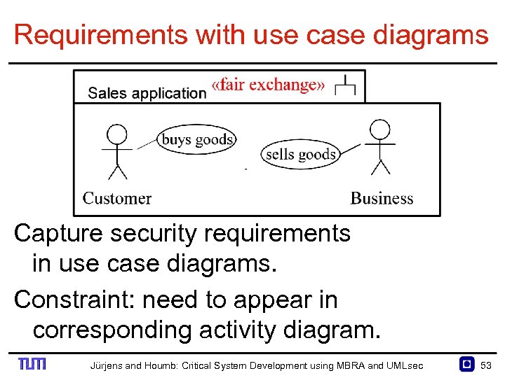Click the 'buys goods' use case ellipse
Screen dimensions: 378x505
[x=196, y=139]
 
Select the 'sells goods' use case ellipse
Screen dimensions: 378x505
[x=300, y=154]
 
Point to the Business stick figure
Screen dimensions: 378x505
[x=379, y=147]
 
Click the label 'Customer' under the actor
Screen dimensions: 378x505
[x=117, y=198]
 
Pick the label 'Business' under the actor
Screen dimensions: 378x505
[x=382, y=198]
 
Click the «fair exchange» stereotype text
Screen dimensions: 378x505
[x=268, y=85]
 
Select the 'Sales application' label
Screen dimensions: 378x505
[x=147, y=93]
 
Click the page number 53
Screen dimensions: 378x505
[x=486, y=365]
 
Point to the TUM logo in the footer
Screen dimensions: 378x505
[x=32, y=364]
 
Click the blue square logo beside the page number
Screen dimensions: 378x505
[x=466, y=364]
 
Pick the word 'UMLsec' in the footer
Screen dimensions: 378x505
[x=407, y=365]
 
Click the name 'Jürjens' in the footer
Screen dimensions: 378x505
[x=105, y=365]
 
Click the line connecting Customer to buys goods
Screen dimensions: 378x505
[x=147, y=143]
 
